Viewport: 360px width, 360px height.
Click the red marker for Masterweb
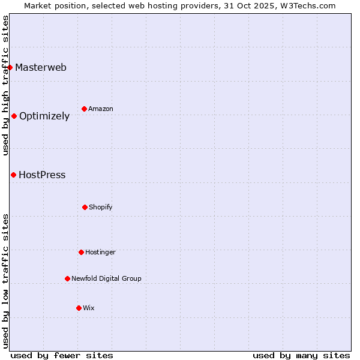tap(10, 67)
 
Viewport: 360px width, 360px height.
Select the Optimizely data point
tap(14, 116)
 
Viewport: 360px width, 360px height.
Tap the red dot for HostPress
tap(13, 175)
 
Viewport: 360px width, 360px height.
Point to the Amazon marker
tap(84, 109)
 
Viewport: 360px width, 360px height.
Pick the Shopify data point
tap(85, 207)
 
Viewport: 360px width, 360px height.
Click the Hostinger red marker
tap(81, 252)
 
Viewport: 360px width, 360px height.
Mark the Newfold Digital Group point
tap(67, 278)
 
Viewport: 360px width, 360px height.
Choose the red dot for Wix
tap(79, 308)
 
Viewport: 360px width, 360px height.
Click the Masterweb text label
tap(41, 67)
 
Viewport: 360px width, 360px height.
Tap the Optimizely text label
tap(44, 116)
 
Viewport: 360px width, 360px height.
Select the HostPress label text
tap(42, 175)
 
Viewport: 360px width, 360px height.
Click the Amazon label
tap(101, 109)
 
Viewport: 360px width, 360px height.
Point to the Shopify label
tap(101, 207)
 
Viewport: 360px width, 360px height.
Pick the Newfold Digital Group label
tap(107, 278)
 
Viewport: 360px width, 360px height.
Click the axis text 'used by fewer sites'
tap(62, 355)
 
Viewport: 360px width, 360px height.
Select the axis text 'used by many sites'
tap(301, 355)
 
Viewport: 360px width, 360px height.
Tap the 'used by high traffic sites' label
tap(6, 85)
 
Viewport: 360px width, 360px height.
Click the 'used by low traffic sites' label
tap(6, 281)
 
